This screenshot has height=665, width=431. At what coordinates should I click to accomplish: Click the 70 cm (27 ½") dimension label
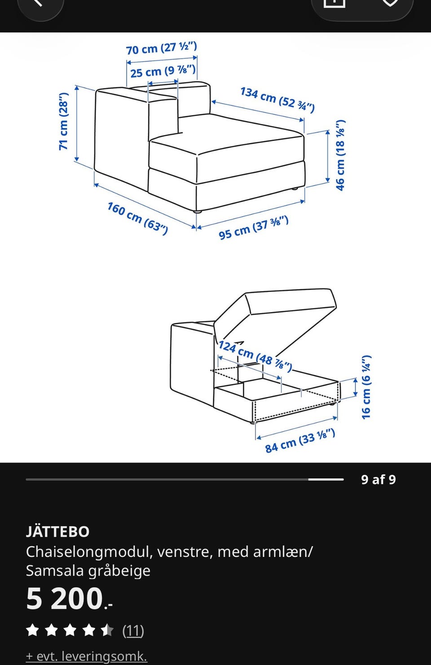(x=162, y=48)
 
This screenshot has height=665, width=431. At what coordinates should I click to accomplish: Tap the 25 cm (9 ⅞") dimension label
(x=163, y=71)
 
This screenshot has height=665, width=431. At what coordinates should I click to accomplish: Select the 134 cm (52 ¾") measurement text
(x=277, y=100)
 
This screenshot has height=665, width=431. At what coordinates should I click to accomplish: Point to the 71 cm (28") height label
(x=64, y=121)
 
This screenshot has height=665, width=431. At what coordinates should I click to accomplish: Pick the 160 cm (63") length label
(x=138, y=218)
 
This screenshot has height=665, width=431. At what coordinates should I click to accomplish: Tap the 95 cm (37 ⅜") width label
(x=254, y=228)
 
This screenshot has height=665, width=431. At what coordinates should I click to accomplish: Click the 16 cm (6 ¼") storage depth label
(x=366, y=387)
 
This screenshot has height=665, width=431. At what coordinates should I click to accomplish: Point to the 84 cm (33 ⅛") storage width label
(x=300, y=441)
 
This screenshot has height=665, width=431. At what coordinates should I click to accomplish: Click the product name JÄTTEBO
(x=57, y=531)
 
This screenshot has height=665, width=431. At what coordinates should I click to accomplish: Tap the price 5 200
(x=69, y=598)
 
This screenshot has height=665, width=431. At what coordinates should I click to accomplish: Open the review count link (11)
(x=133, y=630)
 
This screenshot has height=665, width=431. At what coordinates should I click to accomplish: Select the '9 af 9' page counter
(x=378, y=479)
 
